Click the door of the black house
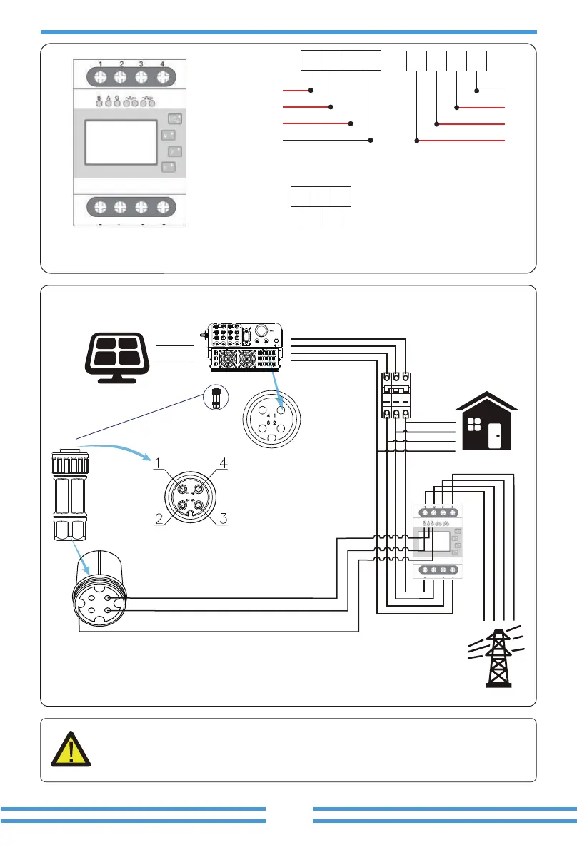[x=494, y=435]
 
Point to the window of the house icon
[x=474, y=426]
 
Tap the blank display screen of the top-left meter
[x=120, y=143]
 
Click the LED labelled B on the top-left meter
[x=99, y=103]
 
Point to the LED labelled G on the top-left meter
[x=117, y=103]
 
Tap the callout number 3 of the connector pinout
[x=223, y=519]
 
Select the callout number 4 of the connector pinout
[x=223, y=464]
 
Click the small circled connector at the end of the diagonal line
[x=218, y=396]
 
